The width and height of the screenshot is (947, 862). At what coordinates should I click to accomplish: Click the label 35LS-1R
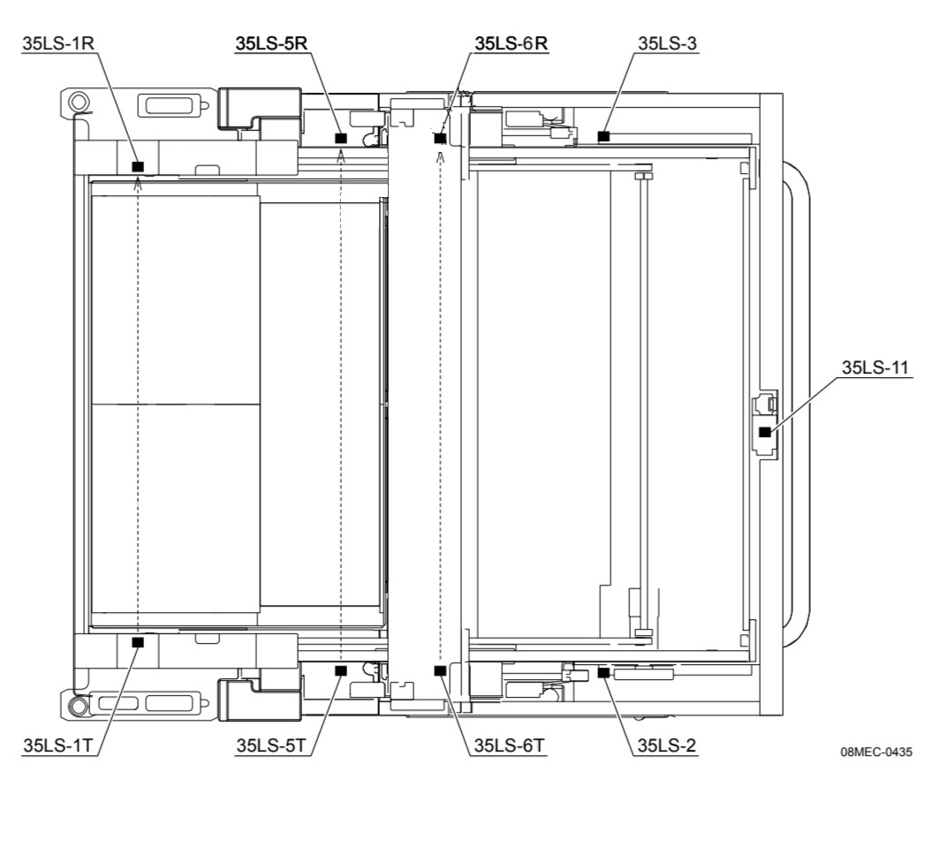click(x=58, y=43)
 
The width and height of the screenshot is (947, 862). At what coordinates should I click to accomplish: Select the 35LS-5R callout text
click(x=271, y=43)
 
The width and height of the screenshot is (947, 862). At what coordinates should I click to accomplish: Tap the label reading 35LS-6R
click(x=511, y=43)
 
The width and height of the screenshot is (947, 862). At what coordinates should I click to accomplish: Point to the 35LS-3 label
click(x=667, y=43)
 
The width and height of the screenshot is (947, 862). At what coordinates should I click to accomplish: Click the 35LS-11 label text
click(x=875, y=367)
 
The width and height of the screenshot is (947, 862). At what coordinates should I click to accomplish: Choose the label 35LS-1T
click(x=58, y=745)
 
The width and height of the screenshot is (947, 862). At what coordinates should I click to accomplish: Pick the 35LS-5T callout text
click(x=271, y=745)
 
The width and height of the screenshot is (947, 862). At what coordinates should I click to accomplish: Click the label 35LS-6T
click(x=509, y=745)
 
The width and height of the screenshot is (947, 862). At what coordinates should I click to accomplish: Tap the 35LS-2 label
click(x=667, y=745)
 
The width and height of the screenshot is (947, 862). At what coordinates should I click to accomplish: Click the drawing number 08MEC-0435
click(x=876, y=752)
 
